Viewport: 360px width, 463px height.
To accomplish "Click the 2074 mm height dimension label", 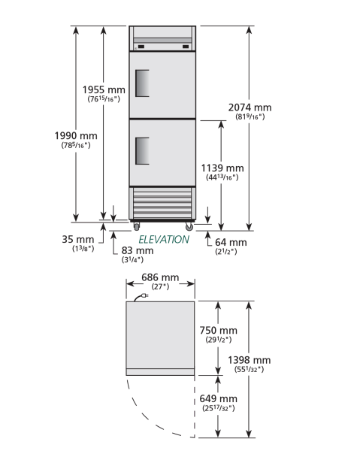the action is (x=250, y=107).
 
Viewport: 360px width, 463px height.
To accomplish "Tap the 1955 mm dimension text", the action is (x=104, y=89).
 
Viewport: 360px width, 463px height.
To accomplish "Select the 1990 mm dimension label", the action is (x=76, y=135).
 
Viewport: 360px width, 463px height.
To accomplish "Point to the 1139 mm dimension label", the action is (x=222, y=168).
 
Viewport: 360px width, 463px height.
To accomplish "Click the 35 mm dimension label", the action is (x=78, y=239).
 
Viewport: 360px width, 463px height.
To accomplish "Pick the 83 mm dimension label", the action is (x=138, y=250).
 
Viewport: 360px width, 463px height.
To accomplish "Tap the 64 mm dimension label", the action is (x=231, y=242).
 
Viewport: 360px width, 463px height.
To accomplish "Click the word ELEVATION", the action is (x=164, y=240).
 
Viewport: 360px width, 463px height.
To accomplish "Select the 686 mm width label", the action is (x=160, y=277).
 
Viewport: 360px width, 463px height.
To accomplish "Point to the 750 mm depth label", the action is (x=218, y=330).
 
